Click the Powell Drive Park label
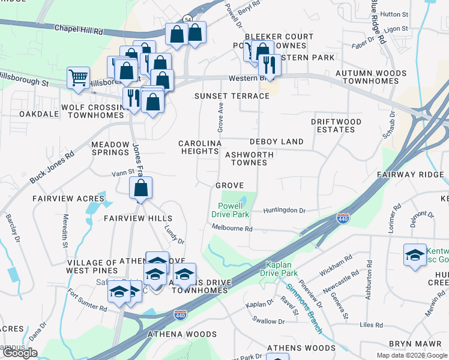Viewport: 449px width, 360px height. tap(232, 209)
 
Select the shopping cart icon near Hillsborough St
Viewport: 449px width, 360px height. tap(78, 77)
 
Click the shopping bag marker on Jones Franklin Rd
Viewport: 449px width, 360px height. tap(140, 188)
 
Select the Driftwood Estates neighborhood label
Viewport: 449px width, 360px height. tap(336, 125)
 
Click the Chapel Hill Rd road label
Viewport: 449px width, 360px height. tap(78, 28)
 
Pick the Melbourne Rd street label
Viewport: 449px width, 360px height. tap(232, 228)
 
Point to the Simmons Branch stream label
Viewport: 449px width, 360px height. tap(304, 308)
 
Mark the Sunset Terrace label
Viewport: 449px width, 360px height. tap(232, 96)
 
